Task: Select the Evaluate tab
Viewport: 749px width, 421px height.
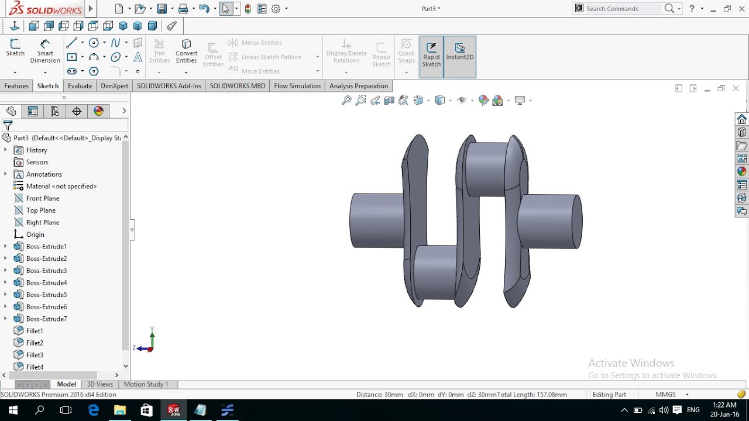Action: click(x=80, y=86)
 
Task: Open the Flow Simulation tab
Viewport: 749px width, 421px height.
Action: click(x=297, y=86)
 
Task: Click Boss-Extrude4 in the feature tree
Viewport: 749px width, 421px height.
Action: click(x=46, y=282)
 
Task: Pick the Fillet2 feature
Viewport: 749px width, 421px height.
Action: click(x=35, y=343)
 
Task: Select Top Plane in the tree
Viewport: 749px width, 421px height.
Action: click(x=40, y=210)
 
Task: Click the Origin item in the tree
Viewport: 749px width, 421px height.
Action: click(x=35, y=234)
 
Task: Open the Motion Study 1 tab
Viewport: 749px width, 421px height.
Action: click(x=146, y=384)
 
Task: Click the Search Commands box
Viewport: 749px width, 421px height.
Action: click(x=623, y=9)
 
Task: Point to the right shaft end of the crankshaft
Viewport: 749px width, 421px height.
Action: click(x=550, y=221)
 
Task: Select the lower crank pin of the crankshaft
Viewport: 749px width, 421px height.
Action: click(x=435, y=272)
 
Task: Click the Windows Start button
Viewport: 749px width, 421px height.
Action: click(x=12, y=410)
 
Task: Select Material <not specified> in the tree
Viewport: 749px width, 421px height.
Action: click(x=61, y=186)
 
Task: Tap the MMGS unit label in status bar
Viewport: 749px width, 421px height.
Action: click(x=666, y=395)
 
